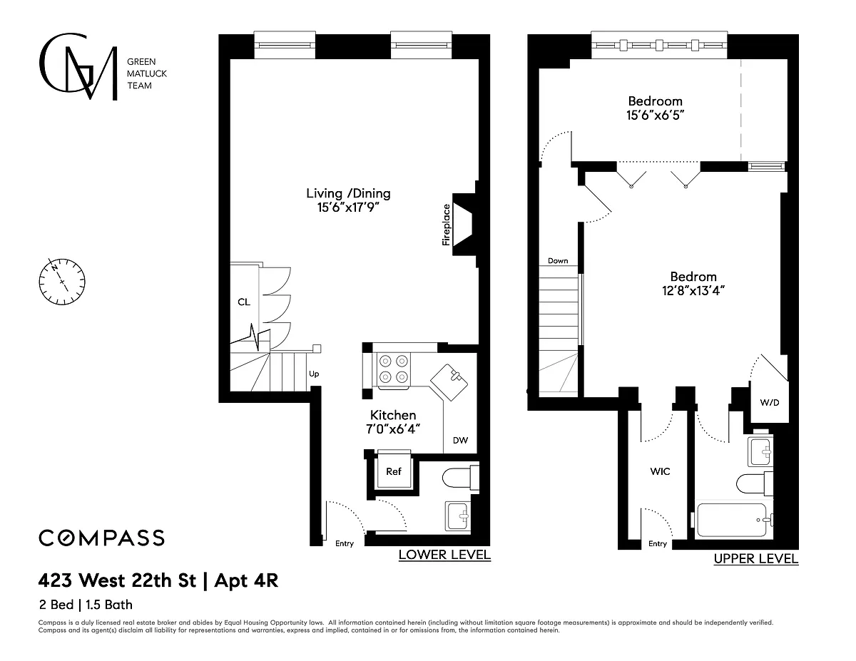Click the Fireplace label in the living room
(x=446, y=225)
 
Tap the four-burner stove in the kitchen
(x=394, y=369)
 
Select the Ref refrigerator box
(x=394, y=471)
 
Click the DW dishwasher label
(x=460, y=440)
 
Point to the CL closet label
(x=244, y=302)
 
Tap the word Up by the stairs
(x=314, y=374)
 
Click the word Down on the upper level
(x=558, y=260)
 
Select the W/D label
(x=770, y=402)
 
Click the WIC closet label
(x=660, y=471)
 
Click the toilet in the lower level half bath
(x=460, y=478)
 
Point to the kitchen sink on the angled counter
(x=449, y=382)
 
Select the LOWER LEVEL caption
(x=444, y=555)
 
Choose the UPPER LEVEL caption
(x=756, y=558)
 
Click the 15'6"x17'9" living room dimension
(x=348, y=207)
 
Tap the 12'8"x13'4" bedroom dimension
(x=693, y=291)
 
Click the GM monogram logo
(x=78, y=66)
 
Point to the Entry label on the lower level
(x=345, y=543)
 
